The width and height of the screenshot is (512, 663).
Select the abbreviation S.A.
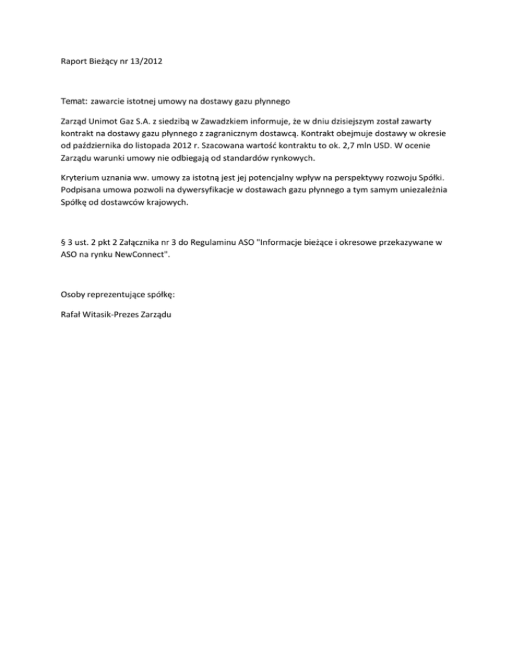pyautogui.click(x=147, y=122)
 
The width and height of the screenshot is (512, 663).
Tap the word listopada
pyautogui.click(x=161, y=146)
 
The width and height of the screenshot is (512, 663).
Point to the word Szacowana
pyautogui.click(x=233, y=146)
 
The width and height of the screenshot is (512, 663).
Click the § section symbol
pyautogui.click(x=62, y=244)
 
